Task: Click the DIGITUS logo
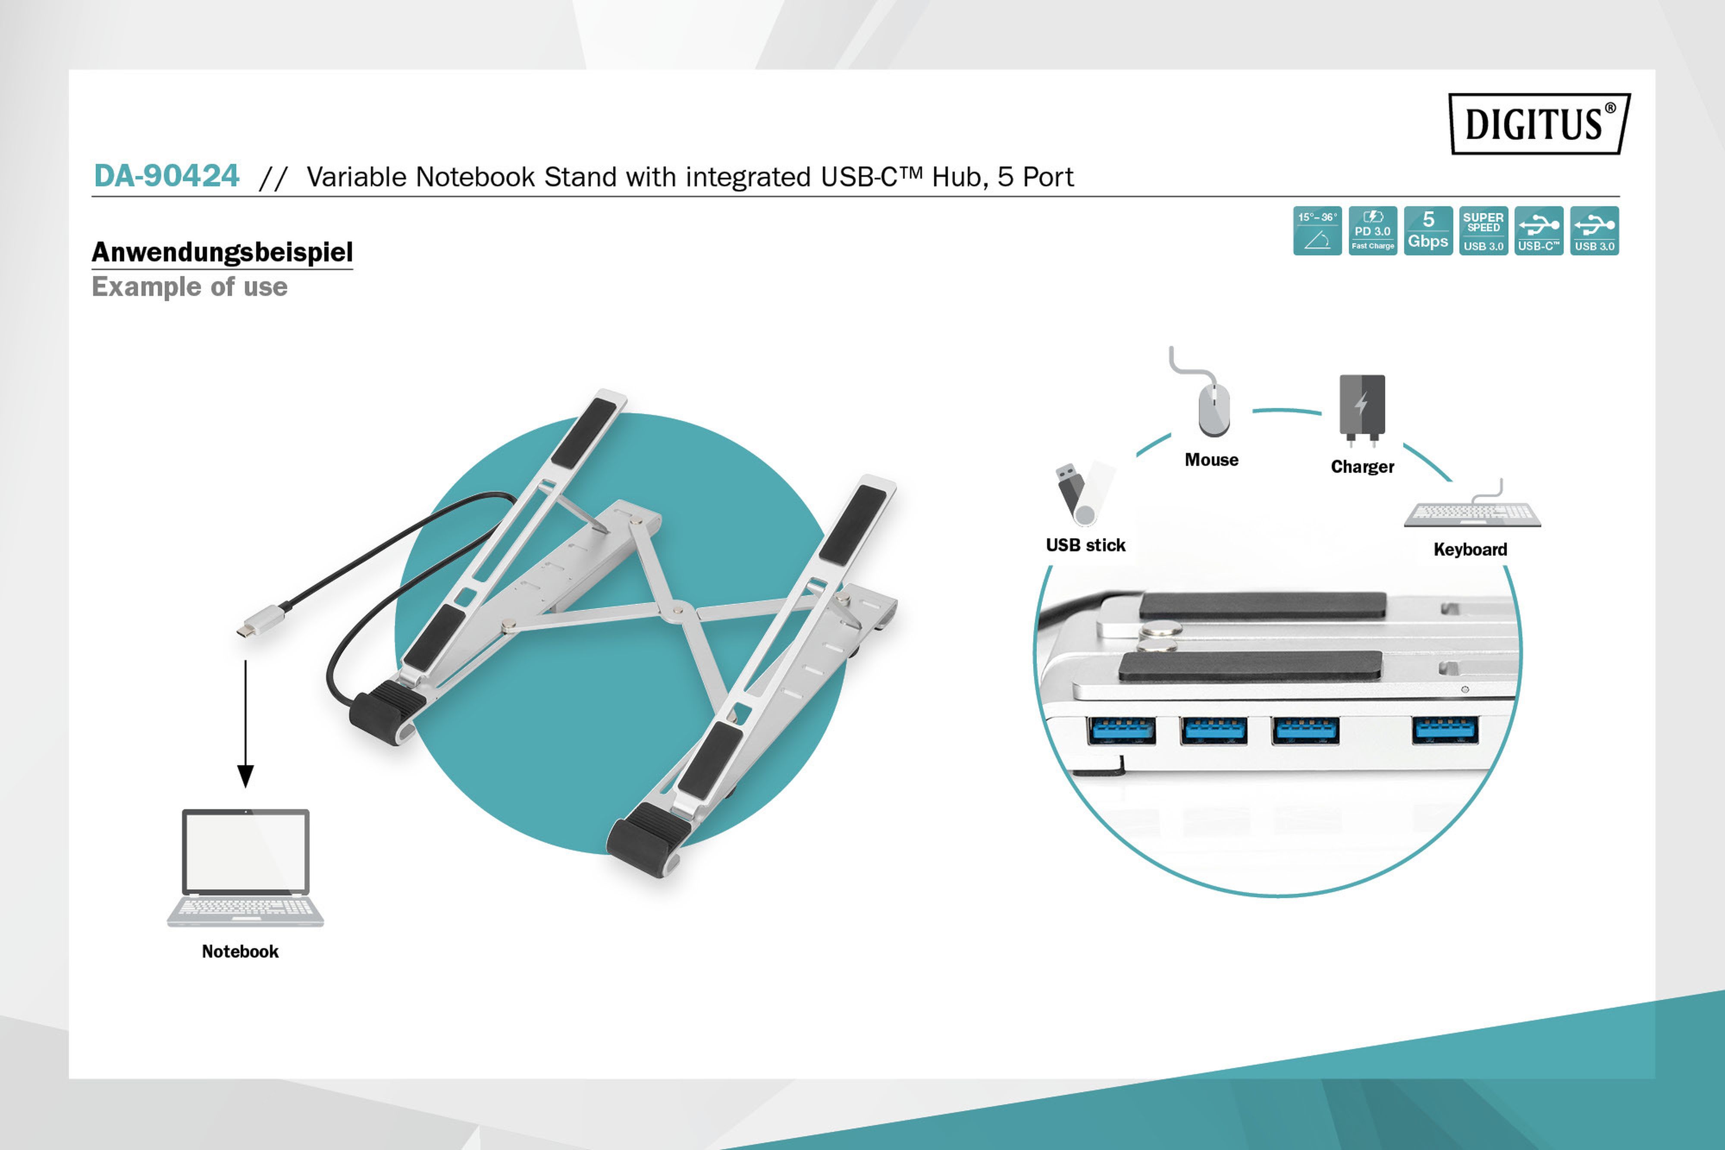1540,123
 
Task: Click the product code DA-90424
166,176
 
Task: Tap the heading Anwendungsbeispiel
222,252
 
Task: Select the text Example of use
189,287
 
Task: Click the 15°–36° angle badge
1317,231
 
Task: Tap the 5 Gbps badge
1428,231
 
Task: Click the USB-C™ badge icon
1539,231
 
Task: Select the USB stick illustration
1084,493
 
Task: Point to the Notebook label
241,951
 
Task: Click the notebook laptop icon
245,867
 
